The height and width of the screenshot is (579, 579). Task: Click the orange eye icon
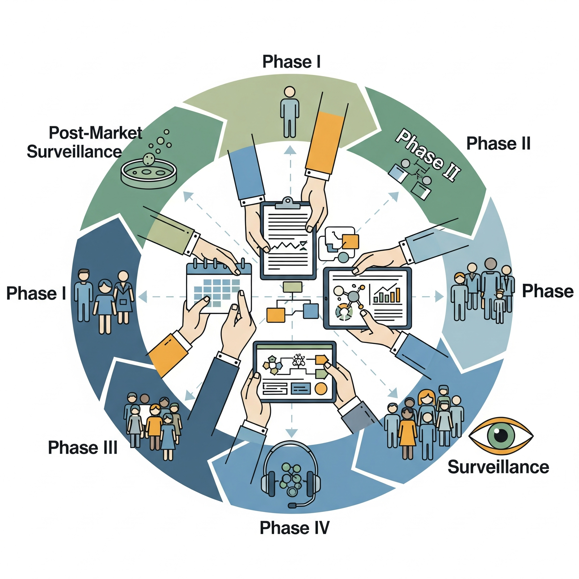(x=501, y=436)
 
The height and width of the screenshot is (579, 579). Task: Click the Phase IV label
(x=295, y=528)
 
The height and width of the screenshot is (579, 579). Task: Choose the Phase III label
(x=83, y=448)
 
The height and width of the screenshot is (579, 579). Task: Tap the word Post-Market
(x=96, y=133)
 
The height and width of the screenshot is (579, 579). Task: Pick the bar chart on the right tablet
(x=387, y=293)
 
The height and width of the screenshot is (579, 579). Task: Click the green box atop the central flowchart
(x=292, y=287)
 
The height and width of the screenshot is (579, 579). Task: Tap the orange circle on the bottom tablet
(x=321, y=389)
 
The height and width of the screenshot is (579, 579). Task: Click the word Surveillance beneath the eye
(x=498, y=467)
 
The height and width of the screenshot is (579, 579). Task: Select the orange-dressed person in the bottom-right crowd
(x=407, y=432)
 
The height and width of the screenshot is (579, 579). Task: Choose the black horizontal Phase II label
(x=498, y=144)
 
